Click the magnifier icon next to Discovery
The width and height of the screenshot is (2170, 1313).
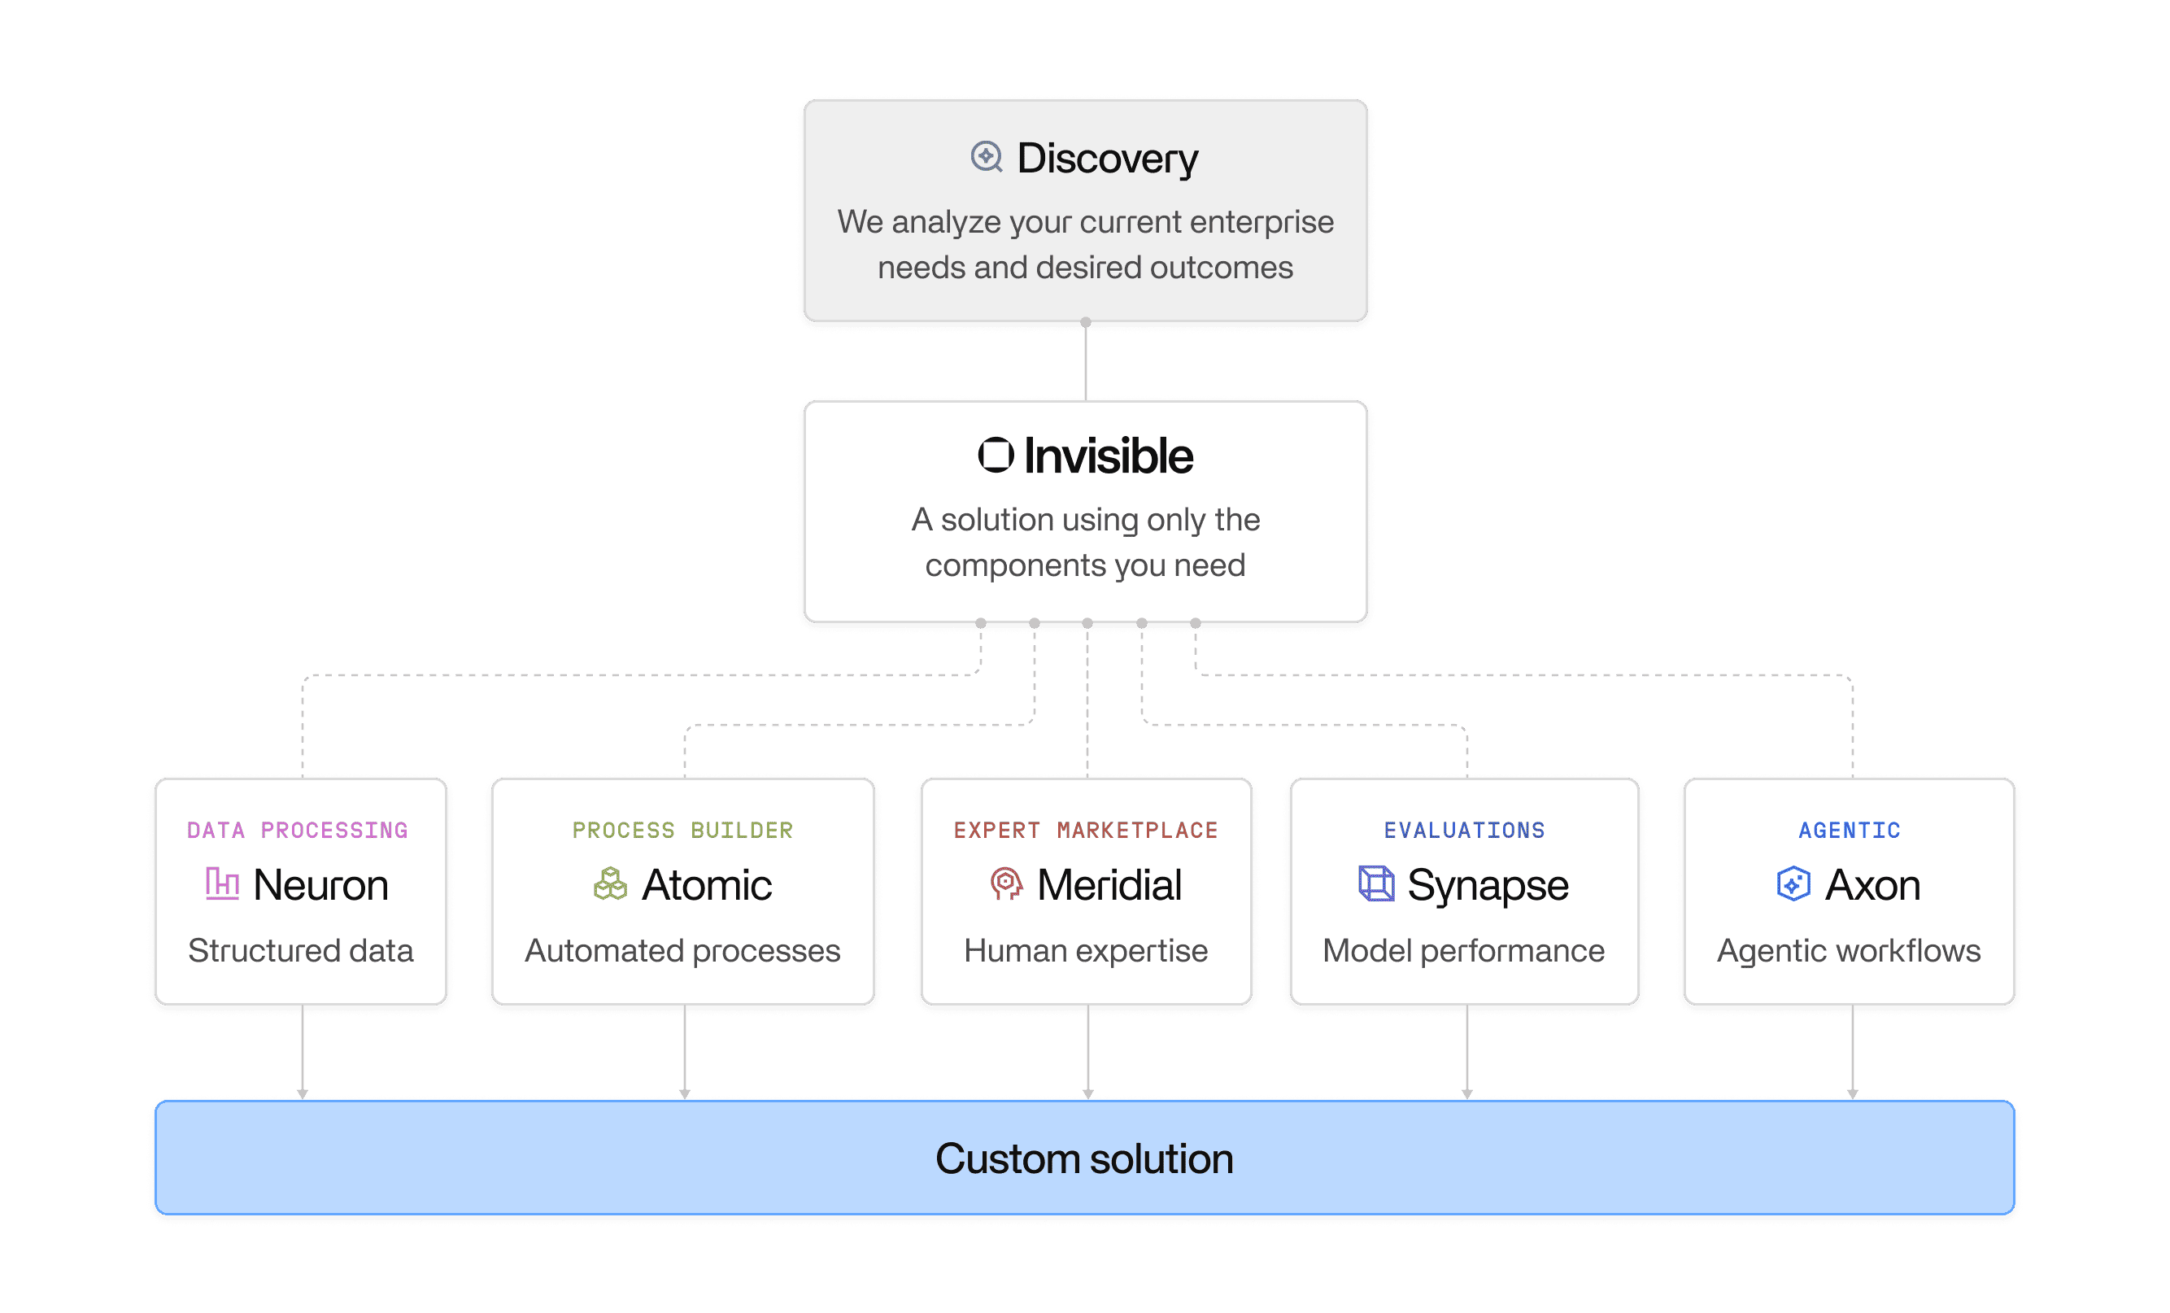pyautogui.click(x=987, y=158)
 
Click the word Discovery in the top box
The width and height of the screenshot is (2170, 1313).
pyautogui.click(x=1107, y=159)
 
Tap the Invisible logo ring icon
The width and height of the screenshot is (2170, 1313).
pyautogui.click(x=996, y=456)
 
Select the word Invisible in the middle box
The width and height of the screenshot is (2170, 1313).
pyautogui.click(x=1108, y=456)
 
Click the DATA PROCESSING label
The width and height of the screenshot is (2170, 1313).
pyautogui.click(x=298, y=831)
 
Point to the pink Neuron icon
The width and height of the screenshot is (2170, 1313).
pyautogui.click(x=222, y=883)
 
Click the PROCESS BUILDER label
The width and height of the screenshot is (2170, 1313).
pyautogui.click(x=682, y=831)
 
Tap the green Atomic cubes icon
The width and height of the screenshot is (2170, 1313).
pyautogui.click(x=609, y=883)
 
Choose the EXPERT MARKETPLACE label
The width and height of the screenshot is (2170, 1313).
pyautogui.click(x=1086, y=831)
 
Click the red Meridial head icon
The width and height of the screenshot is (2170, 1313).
pyautogui.click(x=1006, y=883)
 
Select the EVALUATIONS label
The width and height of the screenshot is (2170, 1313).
pyautogui.click(x=1465, y=831)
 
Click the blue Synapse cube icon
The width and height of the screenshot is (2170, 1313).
pyautogui.click(x=1375, y=883)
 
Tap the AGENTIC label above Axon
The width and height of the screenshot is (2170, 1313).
pyautogui.click(x=1850, y=831)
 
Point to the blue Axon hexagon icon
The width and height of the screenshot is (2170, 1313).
pyautogui.click(x=1793, y=883)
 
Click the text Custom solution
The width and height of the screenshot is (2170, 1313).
pyautogui.click(x=1084, y=1159)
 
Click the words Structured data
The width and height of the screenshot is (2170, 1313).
pyautogui.click(x=300, y=951)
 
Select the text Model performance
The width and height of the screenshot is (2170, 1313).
pyautogui.click(x=1464, y=951)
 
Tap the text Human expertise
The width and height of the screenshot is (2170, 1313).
pyautogui.click(x=1086, y=951)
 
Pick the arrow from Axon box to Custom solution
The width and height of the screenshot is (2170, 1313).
pyautogui.click(x=1852, y=1053)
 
